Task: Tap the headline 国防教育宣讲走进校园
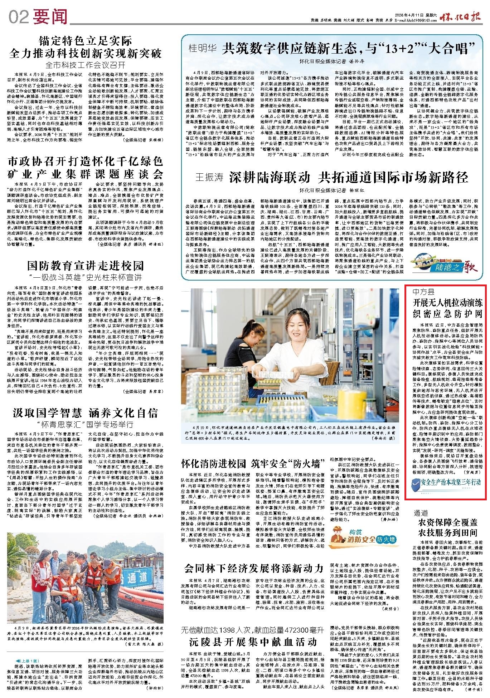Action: click(86, 266)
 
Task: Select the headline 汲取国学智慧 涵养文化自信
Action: click(86, 413)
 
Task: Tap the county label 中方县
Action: click(424, 291)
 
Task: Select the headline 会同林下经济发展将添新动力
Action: click(254, 568)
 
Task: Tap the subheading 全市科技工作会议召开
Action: click(86, 65)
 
